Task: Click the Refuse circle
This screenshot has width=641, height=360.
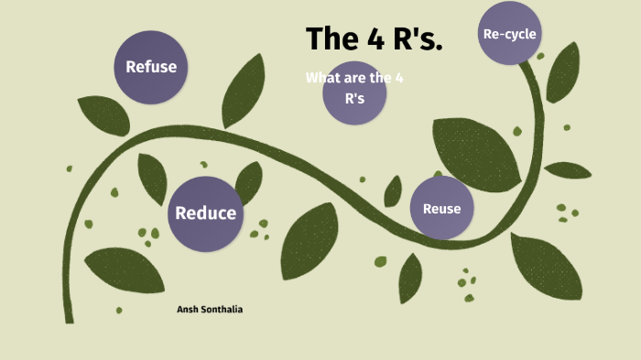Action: tap(150, 66)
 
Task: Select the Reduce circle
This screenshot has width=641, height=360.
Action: tap(205, 213)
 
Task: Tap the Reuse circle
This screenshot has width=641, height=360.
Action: tap(441, 208)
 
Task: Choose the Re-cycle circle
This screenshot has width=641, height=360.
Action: tap(509, 34)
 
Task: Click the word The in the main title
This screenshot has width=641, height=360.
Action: tap(333, 39)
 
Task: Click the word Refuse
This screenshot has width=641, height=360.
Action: tap(150, 66)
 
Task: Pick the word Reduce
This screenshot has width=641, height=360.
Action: tap(205, 213)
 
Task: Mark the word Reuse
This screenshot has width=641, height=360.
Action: tap(441, 208)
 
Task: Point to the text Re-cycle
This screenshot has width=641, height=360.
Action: tap(509, 34)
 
